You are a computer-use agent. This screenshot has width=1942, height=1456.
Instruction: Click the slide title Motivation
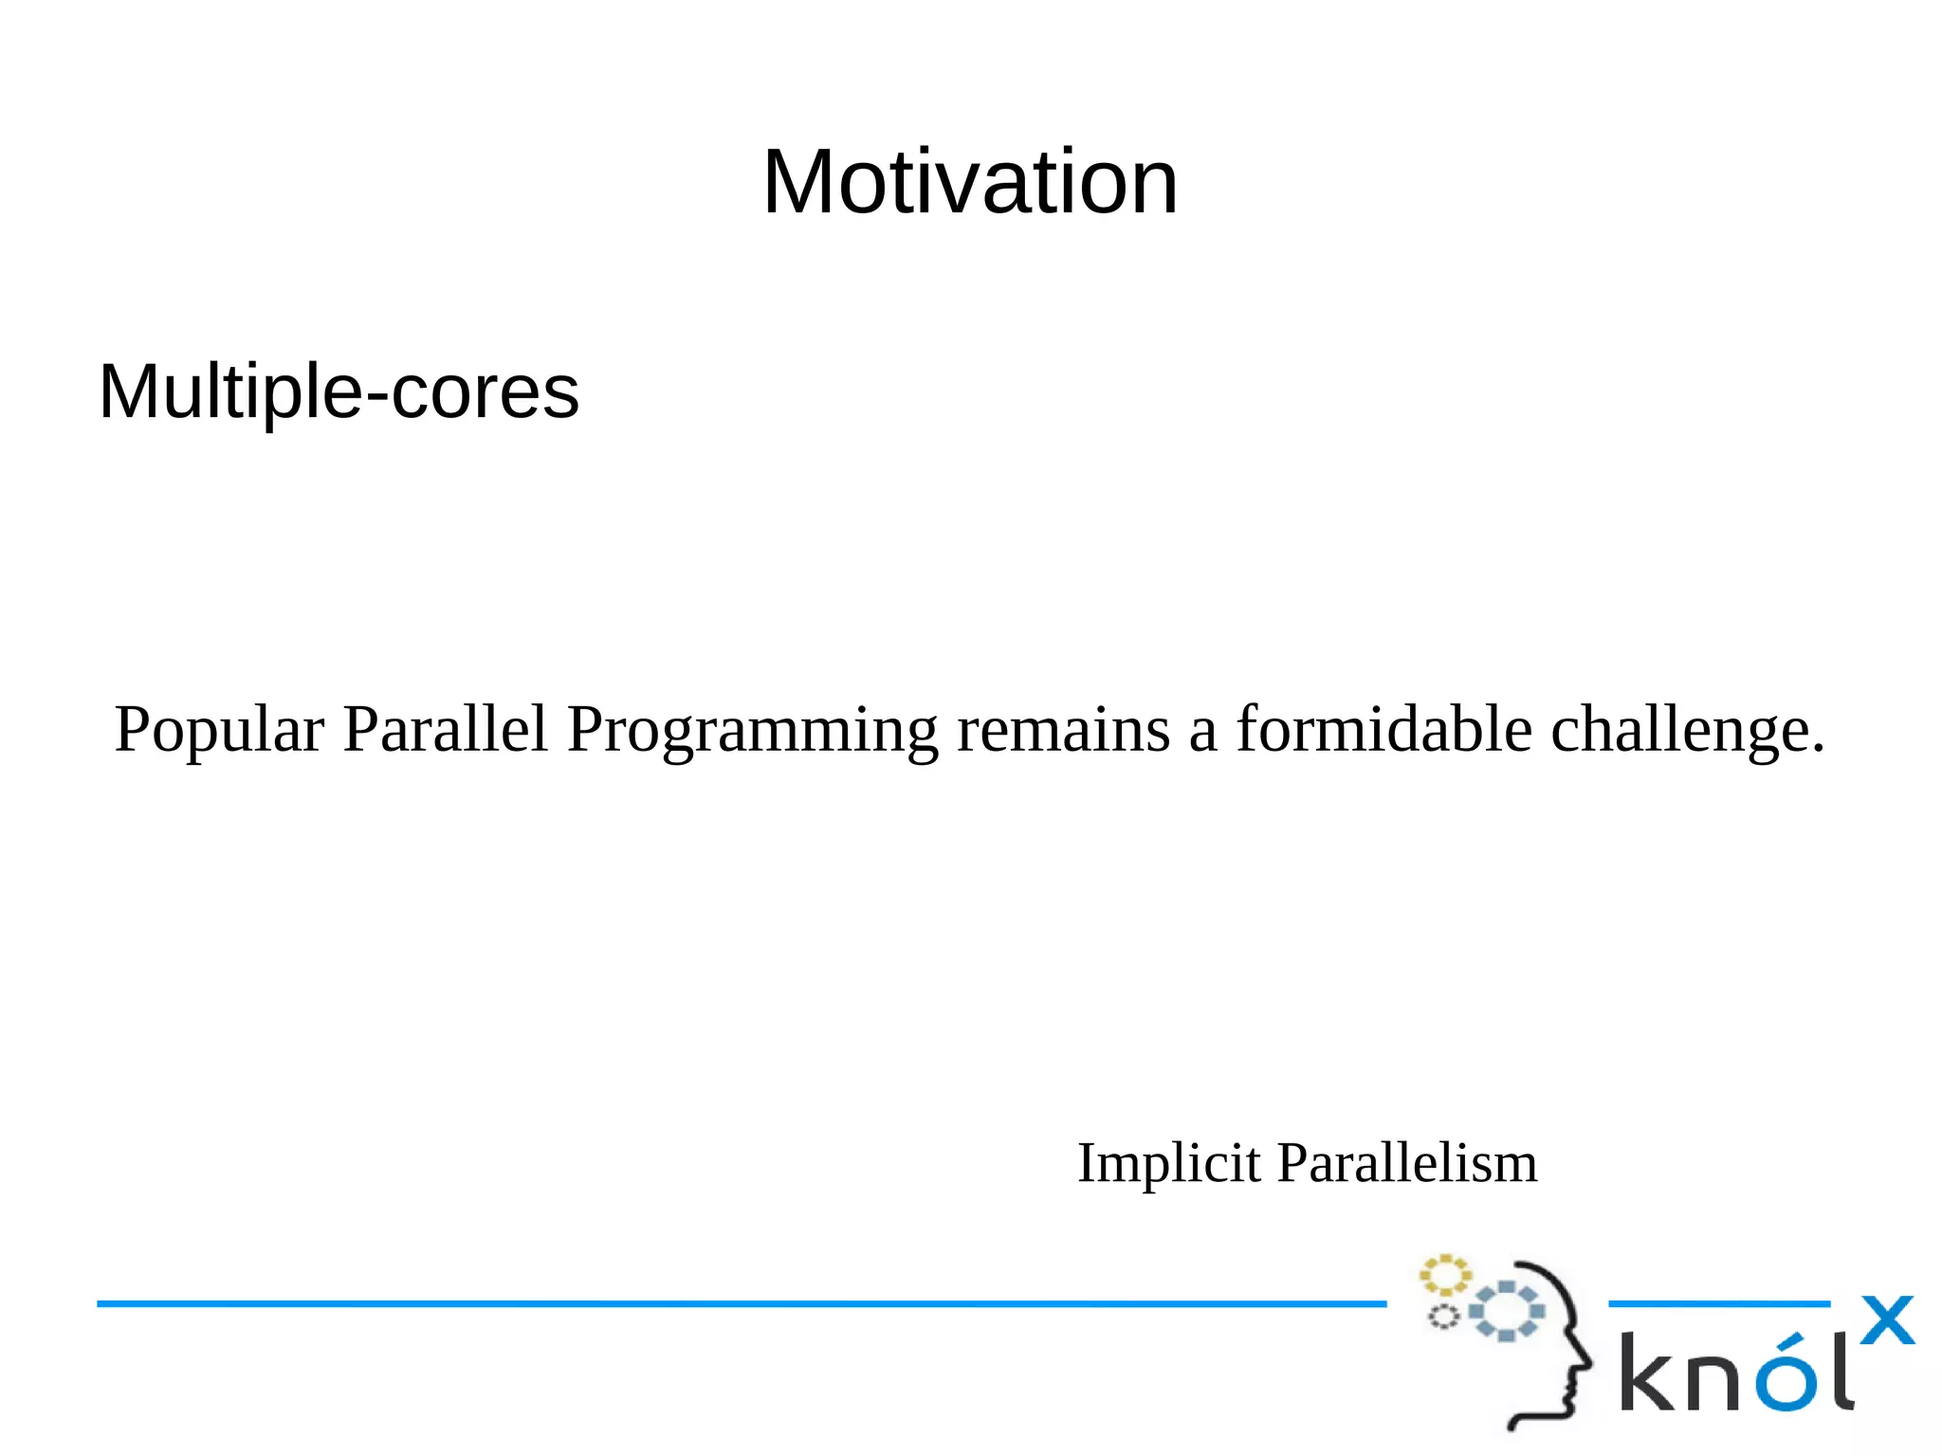coord(969,182)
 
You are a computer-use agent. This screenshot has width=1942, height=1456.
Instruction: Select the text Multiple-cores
coord(339,391)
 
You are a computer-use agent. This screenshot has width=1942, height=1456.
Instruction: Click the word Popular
coord(219,730)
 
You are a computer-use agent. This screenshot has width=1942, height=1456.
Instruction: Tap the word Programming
coord(752,730)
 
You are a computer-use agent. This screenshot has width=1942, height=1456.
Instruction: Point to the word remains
coord(1063,730)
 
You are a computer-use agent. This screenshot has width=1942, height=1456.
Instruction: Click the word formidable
coord(1383,730)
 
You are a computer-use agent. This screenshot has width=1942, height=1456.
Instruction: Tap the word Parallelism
coord(1407,1163)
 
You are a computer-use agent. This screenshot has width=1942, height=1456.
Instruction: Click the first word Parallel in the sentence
coord(445,730)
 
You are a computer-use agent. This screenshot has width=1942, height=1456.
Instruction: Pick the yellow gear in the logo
coord(1444,1276)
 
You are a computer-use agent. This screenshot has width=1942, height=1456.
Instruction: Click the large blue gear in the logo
coord(1506,1311)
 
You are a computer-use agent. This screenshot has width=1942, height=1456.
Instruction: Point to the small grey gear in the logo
coord(1443,1317)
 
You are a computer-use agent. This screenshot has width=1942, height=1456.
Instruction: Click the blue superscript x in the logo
coord(1887,1320)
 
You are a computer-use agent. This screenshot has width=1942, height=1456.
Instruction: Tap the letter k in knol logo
coord(1649,1373)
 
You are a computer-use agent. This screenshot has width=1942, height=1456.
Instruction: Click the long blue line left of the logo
coord(740,1304)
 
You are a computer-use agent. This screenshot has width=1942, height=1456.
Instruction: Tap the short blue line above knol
coord(1718,1304)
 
